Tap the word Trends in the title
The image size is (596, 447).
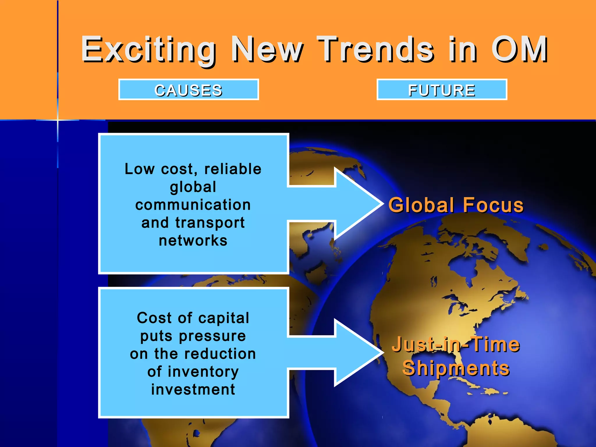click(x=375, y=49)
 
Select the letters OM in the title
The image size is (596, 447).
click(x=519, y=49)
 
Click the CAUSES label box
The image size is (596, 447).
click(x=189, y=90)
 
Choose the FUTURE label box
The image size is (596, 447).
click(x=442, y=90)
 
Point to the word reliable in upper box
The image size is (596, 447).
click(x=233, y=169)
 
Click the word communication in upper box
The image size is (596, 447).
click(x=193, y=205)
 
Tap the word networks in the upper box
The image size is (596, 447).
click(x=193, y=240)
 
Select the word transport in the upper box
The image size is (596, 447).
click(x=210, y=223)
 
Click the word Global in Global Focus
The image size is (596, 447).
click(x=421, y=205)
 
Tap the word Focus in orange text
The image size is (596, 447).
click(x=493, y=205)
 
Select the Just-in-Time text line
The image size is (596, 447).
click(x=456, y=344)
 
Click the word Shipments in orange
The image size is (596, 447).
click(x=456, y=368)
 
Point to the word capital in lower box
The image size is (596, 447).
click(x=224, y=318)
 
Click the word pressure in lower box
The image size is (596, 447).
click(x=212, y=336)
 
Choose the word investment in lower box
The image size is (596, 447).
click(x=193, y=389)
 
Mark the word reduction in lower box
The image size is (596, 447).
click(x=220, y=354)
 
